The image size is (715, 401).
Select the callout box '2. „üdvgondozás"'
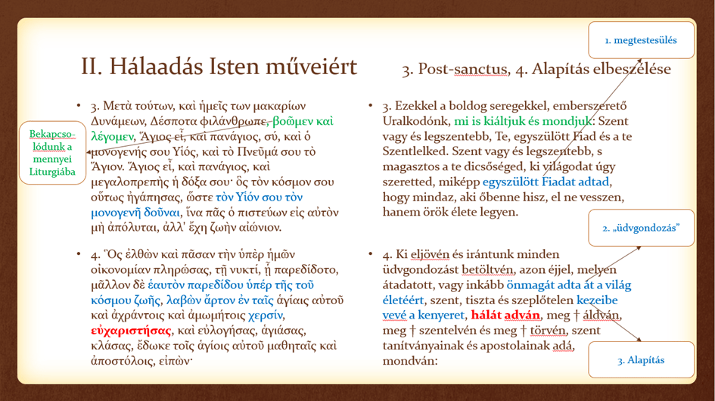tap(641, 228)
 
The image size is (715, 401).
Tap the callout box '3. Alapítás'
tap(640, 360)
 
